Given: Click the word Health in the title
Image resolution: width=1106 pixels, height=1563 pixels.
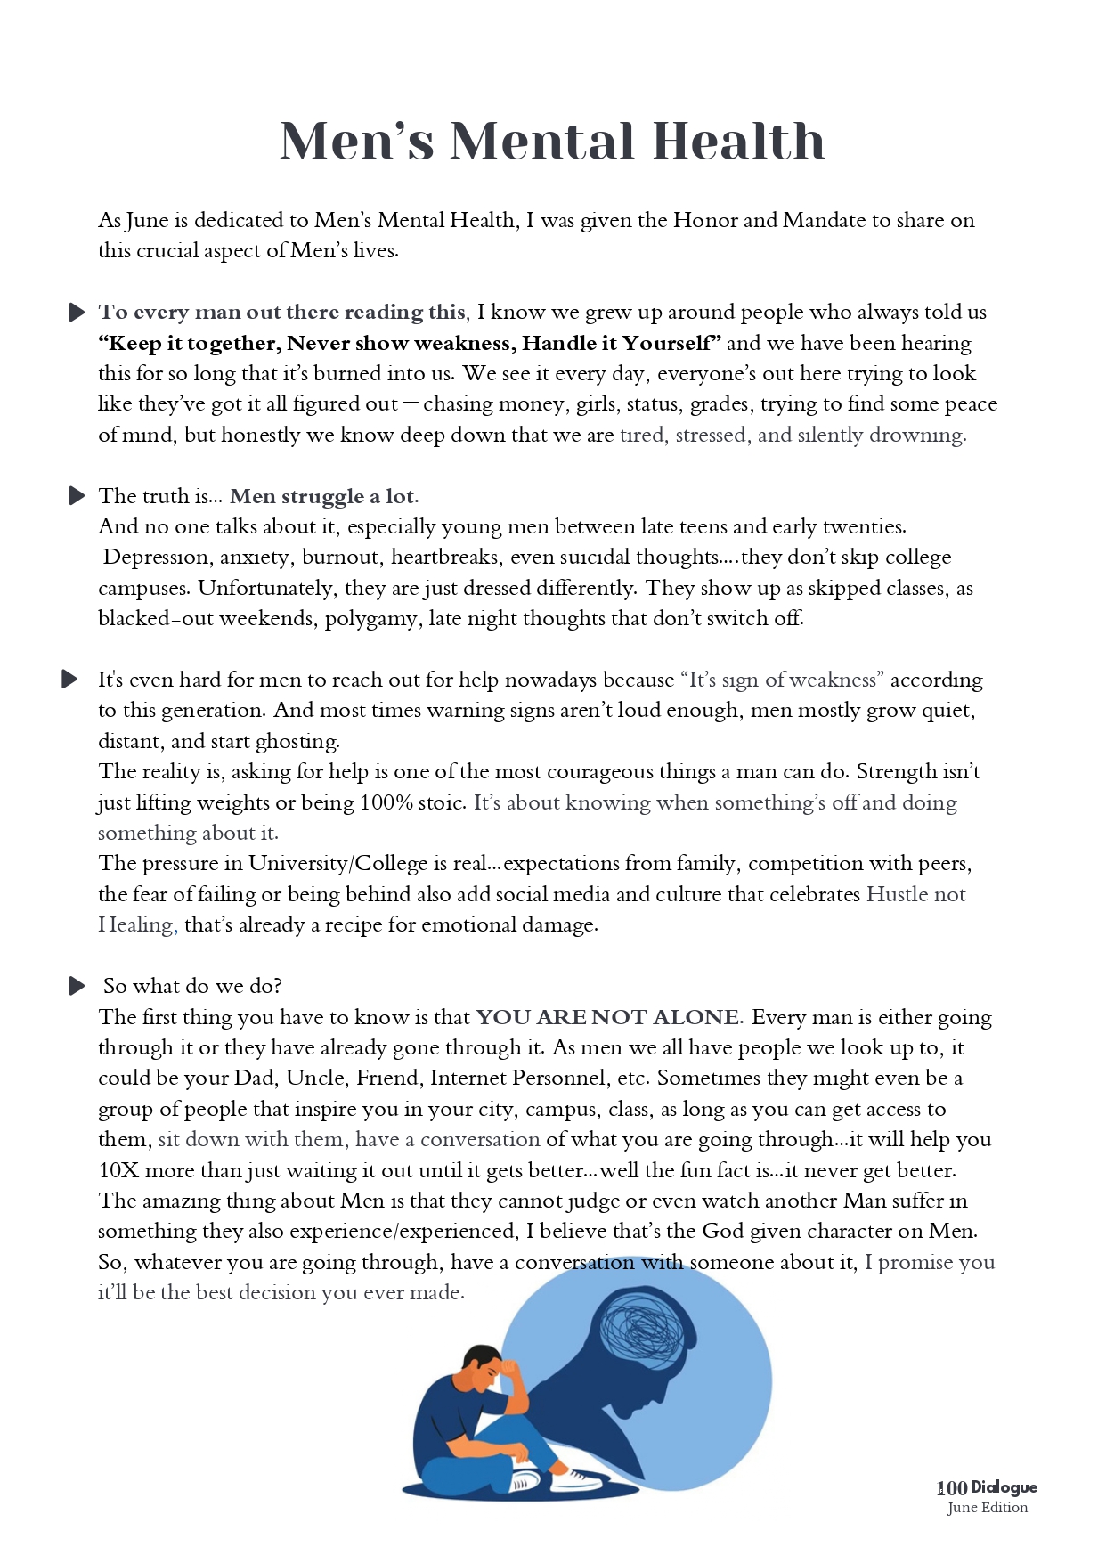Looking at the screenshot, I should tap(738, 141).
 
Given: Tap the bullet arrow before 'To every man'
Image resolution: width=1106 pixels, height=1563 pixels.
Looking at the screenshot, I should tap(77, 313).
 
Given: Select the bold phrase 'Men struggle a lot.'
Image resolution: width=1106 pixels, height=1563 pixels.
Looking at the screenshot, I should tap(324, 496).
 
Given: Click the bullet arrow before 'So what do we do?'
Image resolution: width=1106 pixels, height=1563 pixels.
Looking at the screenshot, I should tap(77, 986).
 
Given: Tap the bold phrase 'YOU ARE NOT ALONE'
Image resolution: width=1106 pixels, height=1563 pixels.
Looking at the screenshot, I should tap(608, 1017).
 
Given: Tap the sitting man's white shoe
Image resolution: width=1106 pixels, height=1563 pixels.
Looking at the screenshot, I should tap(574, 1479).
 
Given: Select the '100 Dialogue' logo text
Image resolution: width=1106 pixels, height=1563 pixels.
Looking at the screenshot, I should tap(987, 1487).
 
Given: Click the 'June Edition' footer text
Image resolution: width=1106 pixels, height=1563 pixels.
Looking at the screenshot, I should tap(988, 1508).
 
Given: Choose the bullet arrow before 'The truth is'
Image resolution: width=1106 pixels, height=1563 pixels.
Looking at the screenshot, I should tap(77, 496).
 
